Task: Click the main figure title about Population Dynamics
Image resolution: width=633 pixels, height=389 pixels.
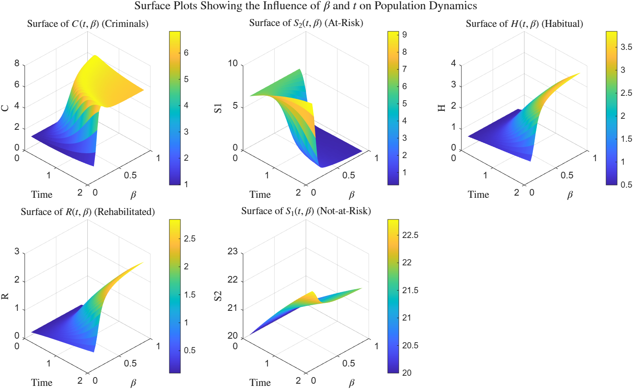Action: tap(306, 6)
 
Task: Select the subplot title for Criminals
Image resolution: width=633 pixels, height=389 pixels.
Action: tap(88, 24)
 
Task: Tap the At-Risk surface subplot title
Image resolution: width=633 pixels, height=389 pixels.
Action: tap(306, 23)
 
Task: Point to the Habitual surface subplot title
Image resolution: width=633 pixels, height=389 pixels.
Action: tap(524, 24)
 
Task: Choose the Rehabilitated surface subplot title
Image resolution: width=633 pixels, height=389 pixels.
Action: tap(88, 212)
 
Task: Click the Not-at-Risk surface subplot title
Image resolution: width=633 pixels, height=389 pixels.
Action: tap(306, 211)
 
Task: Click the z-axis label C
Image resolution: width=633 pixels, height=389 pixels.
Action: tap(5, 108)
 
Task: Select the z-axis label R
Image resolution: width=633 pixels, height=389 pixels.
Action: tap(5, 296)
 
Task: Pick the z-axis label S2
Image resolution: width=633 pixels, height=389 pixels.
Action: tap(218, 296)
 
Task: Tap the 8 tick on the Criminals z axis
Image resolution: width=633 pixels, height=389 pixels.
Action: tap(17, 64)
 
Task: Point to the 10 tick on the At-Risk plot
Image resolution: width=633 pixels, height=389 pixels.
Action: tap(232, 64)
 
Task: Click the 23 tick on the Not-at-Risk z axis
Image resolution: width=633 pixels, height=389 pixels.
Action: tap(232, 252)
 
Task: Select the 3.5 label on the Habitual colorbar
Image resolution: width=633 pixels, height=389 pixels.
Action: tap(626, 47)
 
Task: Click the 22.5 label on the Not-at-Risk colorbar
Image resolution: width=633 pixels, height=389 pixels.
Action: tap(410, 235)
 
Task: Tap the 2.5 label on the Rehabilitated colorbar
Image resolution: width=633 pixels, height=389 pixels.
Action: tap(190, 239)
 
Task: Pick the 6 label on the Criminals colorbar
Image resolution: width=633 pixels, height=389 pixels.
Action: tap(186, 53)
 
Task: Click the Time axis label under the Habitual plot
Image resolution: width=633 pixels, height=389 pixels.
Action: tap(478, 195)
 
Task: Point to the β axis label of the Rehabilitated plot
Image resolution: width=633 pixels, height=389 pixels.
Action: tap(133, 383)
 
